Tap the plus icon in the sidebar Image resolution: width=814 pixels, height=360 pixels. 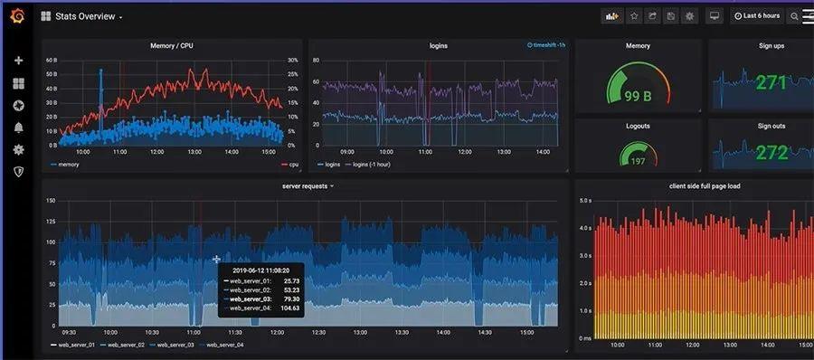(18, 61)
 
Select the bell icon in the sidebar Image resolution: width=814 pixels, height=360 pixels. (18, 128)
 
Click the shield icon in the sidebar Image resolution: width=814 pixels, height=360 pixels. (18, 171)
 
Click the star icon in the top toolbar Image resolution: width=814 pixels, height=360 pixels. (633, 16)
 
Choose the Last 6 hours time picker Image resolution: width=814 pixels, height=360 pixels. (756, 16)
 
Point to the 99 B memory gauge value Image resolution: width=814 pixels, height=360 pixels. (638, 95)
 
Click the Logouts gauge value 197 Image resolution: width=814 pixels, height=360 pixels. (638, 160)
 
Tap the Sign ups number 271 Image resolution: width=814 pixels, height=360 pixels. (771, 83)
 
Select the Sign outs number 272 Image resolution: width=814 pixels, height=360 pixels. (771, 152)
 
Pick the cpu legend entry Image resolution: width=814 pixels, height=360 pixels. (293, 165)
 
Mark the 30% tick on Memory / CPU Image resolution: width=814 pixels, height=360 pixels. (292, 61)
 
